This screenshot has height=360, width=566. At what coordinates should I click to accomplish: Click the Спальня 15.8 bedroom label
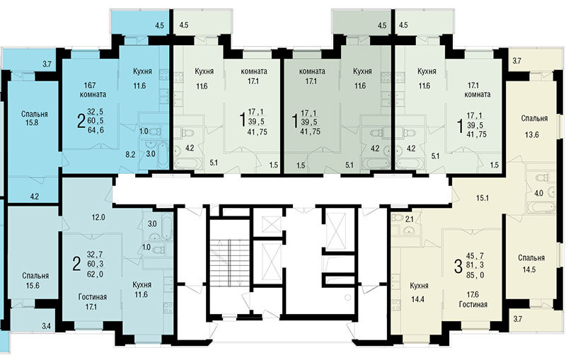[x=34, y=118]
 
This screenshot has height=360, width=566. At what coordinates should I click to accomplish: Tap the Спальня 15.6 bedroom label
[x=35, y=280]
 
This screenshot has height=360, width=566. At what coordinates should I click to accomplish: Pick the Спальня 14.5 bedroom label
[x=531, y=263]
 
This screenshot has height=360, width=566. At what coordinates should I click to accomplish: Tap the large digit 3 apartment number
[x=458, y=266]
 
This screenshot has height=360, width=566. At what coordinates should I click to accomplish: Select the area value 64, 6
[x=96, y=130]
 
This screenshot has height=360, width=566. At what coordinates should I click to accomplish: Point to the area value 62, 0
[x=96, y=274]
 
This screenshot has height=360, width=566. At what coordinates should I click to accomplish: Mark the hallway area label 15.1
[x=483, y=197]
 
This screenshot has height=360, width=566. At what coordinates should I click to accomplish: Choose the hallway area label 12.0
[x=98, y=217]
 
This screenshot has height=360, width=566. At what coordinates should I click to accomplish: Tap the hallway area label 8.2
[x=130, y=154]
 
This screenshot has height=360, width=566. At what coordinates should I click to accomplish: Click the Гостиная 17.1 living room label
[x=93, y=302]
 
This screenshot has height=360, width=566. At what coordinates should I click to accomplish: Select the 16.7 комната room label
[x=93, y=90]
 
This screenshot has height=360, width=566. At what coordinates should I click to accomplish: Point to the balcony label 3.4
[x=46, y=327]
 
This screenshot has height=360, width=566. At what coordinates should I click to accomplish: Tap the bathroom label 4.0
[x=538, y=193]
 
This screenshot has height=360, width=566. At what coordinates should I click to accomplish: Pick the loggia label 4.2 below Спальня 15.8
[x=35, y=197]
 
